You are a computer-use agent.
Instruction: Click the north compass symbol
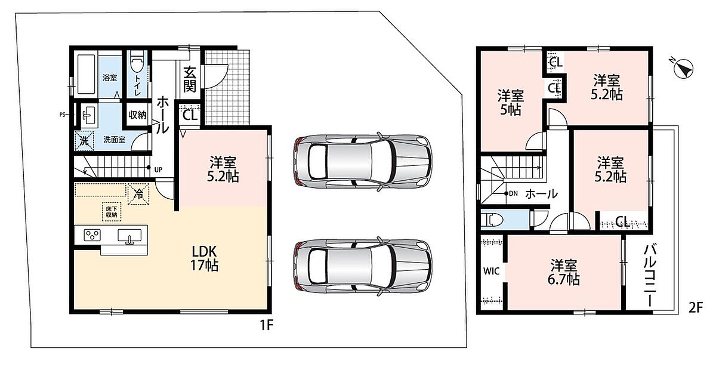pyautogui.click(x=683, y=69)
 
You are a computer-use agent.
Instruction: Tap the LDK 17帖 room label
pyautogui.click(x=205, y=258)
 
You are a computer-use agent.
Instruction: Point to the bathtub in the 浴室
pyautogui.click(x=87, y=74)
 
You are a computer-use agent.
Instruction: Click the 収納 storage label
pyautogui.click(x=137, y=115)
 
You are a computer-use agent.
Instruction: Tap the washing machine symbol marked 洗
pyautogui.click(x=84, y=140)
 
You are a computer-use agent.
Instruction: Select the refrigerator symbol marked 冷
pyautogui.click(x=138, y=194)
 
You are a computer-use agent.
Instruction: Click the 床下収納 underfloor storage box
pyautogui.click(x=112, y=212)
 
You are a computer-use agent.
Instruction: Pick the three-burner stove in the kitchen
pyautogui.click(x=92, y=235)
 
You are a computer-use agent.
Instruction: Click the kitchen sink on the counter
pyautogui.click(x=129, y=236)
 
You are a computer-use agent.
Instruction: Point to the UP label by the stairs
pyautogui.click(x=158, y=170)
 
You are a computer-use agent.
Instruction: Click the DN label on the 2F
pyautogui.click(x=513, y=193)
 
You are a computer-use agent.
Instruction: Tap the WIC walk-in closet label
pyautogui.click(x=491, y=271)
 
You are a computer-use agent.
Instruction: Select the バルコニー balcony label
pyautogui.click(x=650, y=276)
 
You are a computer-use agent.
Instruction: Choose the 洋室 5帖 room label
pyautogui.click(x=511, y=103)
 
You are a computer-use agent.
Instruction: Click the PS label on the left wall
pyautogui.click(x=62, y=115)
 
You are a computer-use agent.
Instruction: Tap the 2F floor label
pyautogui.click(x=696, y=308)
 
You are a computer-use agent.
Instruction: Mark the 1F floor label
pyautogui.click(x=266, y=325)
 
